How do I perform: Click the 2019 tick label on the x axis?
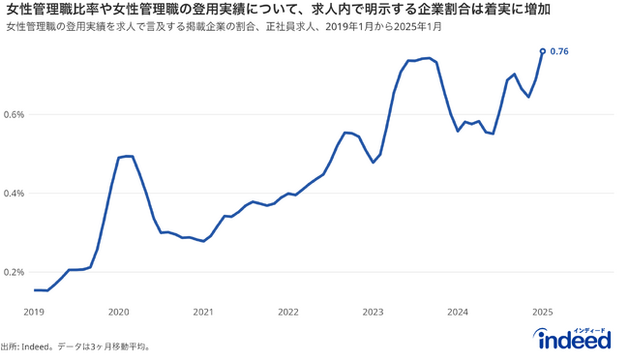(34, 313)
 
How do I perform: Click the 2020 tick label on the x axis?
(118, 313)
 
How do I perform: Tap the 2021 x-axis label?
(203, 313)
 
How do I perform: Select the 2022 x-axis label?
(287, 313)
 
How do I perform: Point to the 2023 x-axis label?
(373, 313)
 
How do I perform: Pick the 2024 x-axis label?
(458, 313)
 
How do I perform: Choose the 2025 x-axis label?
(542, 313)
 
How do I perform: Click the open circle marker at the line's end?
(542, 50)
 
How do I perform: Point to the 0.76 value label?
(559, 51)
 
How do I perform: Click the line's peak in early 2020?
(127, 156)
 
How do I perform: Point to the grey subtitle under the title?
(223, 26)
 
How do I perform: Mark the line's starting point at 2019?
(35, 290)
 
